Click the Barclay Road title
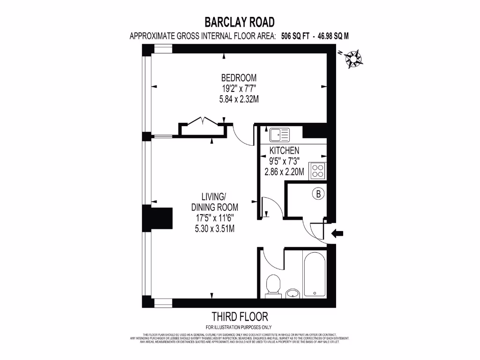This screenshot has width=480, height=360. (x=240, y=22)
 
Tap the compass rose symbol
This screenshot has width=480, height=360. (x=353, y=59)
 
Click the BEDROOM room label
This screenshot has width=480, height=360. (x=239, y=78)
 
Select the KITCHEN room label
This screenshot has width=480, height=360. (x=284, y=151)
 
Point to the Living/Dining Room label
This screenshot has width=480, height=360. (x=214, y=202)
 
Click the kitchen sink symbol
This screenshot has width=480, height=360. (x=279, y=134)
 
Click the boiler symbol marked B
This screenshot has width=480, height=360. (x=318, y=194)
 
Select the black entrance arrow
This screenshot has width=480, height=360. (x=337, y=233)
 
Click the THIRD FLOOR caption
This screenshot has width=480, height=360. (x=240, y=316)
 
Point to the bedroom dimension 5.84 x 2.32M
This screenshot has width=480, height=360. (x=239, y=99)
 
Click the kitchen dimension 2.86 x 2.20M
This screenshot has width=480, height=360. (x=284, y=172)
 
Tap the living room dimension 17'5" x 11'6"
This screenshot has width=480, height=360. (x=214, y=218)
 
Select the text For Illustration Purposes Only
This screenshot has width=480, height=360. (x=239, y=327)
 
